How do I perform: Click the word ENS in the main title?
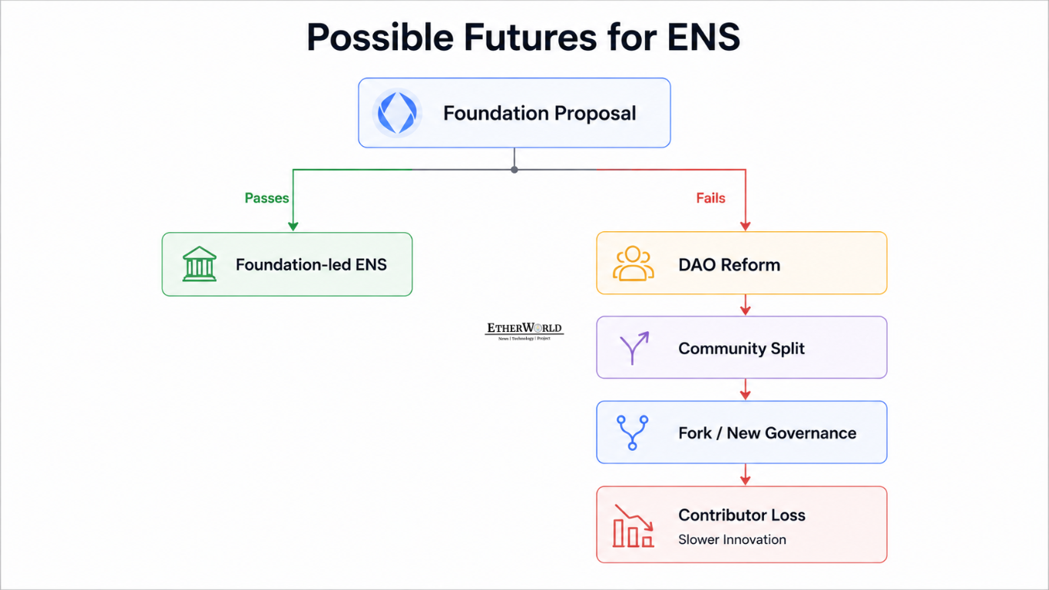(x=703, y=37)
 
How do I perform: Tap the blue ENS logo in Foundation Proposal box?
(x=397, y=113)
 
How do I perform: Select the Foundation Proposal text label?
(x=540, y=114)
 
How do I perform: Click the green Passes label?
(x=267, y=197)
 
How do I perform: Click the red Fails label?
(x=710, y=197)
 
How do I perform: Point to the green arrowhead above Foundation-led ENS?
(x=293, y=227)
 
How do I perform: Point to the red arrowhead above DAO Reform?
(x=746, y=227)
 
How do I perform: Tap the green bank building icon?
(x=200, y=264)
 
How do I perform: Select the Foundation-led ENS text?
(x=311, y=265)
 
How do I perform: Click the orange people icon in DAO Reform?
(x=633, y=264)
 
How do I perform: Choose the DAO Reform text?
(x=729, y=265)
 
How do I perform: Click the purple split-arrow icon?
(x=634, y=348)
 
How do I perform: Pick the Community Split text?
(x=741, y=348)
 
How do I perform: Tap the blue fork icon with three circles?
(x=633, y=433)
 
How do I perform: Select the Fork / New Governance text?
(x=767, y=433)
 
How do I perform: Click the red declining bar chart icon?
(x=633, y=525)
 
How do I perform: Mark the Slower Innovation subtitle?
(x=732, y=539)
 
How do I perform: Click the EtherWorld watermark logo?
(x=524, y=331)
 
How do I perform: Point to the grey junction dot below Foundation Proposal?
(x=515, y=170)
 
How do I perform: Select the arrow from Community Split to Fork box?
(x=746, y=389)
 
